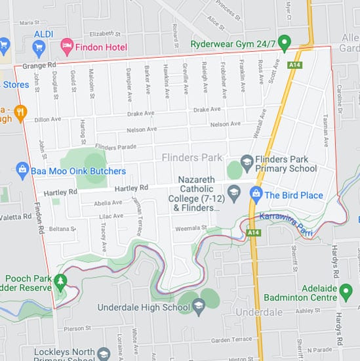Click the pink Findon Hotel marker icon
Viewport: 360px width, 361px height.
[66, 45]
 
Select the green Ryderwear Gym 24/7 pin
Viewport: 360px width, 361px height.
[284, 44]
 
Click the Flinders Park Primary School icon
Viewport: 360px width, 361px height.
[247, 161]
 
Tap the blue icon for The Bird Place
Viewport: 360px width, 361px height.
[256, 194]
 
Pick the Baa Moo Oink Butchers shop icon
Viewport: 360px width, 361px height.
[22, 171]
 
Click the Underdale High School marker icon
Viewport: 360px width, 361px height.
[199, 307]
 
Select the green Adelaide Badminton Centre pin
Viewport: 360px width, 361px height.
[291, 292]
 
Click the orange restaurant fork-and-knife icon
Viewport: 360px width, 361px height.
[20, 111]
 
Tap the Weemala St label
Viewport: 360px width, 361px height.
[191, 228]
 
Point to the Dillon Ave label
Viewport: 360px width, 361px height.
[47, 119]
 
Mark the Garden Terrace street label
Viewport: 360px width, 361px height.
[231, 339]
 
